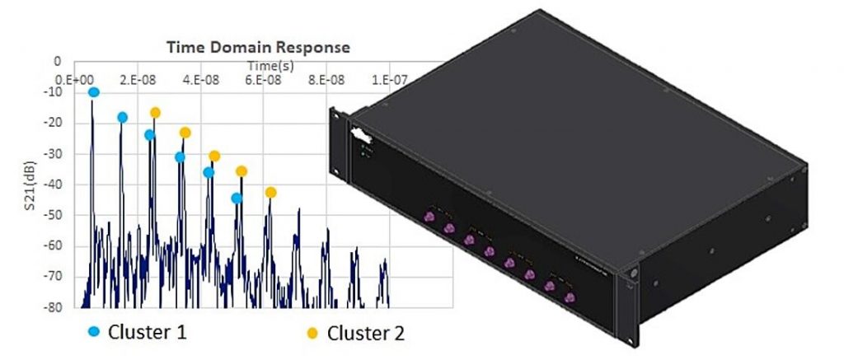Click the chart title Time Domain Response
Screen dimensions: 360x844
click(258, 47)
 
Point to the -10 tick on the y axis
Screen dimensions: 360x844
click(57, 92)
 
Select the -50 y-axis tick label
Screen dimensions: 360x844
click(57, 215)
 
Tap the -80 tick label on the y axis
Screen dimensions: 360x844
click(57, 307)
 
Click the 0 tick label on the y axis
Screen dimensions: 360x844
click(58, 62)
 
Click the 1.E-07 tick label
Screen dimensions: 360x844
click(389, 79)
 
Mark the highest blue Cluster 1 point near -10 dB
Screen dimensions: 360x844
click(93, 92)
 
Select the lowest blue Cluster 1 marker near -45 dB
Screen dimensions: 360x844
click(237, 198)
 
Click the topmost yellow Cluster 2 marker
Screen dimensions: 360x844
click(155, 112)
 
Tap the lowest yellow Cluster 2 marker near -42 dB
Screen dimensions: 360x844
click(270, 192)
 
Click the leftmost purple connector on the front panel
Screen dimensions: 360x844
click(429, 217)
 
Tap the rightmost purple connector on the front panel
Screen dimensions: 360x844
click(569, 297)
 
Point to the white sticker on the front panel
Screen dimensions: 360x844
click(360, 134)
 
